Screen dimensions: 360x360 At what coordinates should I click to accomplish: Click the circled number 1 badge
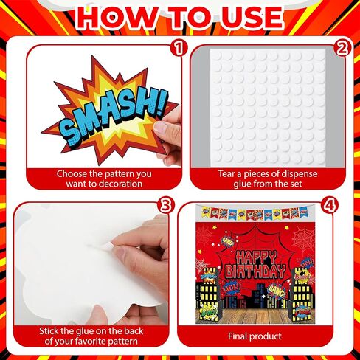[179, 48]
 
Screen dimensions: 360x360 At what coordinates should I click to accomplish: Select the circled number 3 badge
[166, 206]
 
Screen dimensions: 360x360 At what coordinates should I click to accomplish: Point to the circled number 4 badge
[330, 206]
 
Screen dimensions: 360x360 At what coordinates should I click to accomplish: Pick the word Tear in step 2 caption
[226, 174]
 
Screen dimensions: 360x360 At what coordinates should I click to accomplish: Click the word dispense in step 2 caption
[300, 174]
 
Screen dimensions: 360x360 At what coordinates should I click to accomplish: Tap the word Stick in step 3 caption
[49, 331]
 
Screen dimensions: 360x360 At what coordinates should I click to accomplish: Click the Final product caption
[255, 336]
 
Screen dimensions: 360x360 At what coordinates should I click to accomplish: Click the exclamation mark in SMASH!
[162, 104]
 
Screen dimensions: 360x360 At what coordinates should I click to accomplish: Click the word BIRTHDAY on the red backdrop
[255, 271]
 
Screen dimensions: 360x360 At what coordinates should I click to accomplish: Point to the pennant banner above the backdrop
[255, 212]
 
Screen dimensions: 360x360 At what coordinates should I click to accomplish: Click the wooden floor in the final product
[255, 316]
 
